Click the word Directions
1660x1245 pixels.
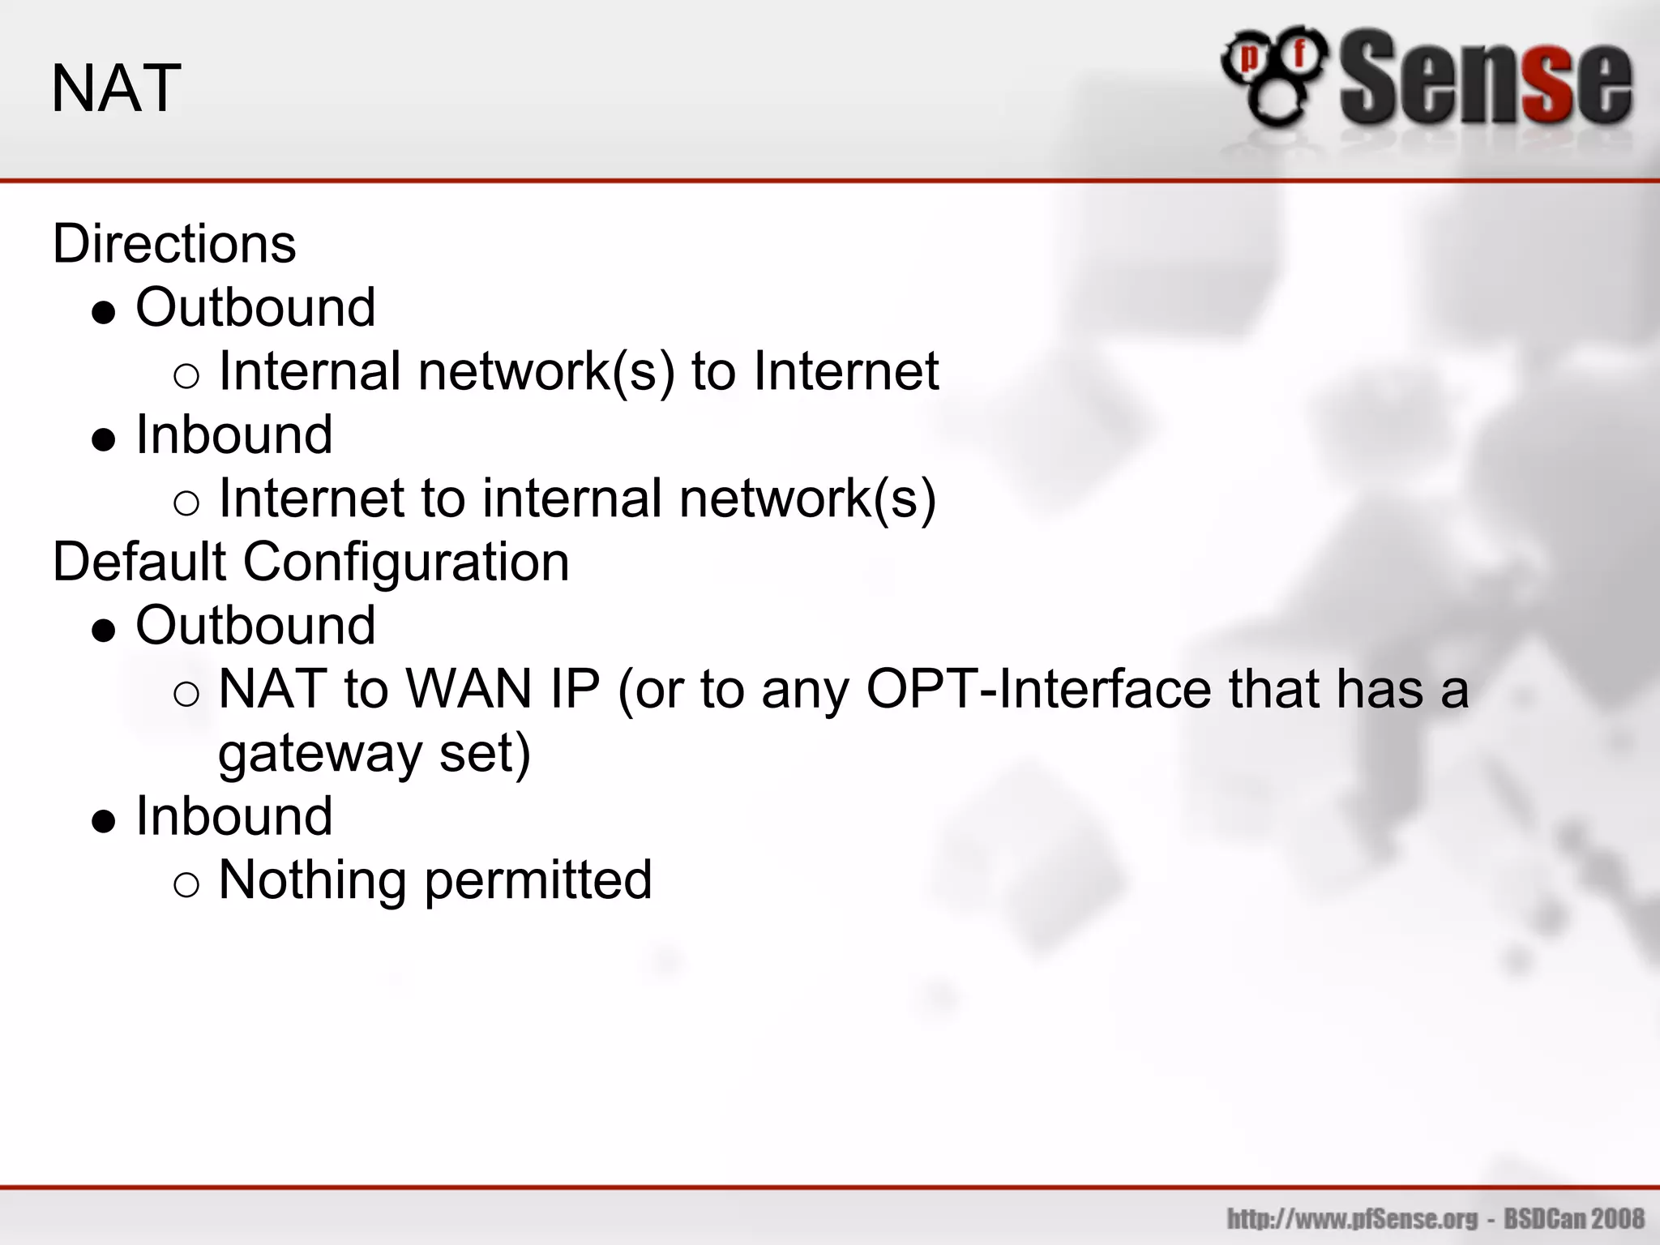[174, 243]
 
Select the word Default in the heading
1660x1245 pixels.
[139, 562]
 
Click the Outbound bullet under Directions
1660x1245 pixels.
[255, 307]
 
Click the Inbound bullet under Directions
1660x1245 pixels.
[234, 434]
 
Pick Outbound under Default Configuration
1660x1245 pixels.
[255, 626]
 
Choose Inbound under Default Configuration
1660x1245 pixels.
[234, 816]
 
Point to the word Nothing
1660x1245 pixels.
[312, 880]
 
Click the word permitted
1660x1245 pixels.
[538, 880]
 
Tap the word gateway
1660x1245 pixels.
[320, 754]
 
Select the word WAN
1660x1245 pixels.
[468, 690]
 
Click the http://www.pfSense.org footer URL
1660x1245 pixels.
[1352, 1218]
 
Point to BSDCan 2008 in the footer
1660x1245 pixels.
[1574, 1218]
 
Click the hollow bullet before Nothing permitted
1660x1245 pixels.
[186, 884]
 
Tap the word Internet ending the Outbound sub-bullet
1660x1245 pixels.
[845, 371]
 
